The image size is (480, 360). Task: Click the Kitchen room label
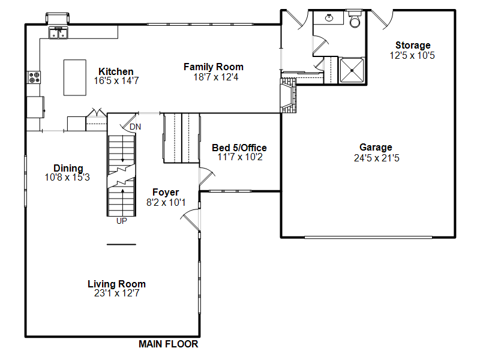(116, 71)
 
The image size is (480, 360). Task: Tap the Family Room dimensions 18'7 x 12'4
(216, 77)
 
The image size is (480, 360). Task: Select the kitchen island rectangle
(74, 78)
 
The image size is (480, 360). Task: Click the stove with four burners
(34, 77)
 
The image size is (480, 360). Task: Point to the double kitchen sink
(58, 33)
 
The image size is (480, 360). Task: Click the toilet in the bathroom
(355, 20)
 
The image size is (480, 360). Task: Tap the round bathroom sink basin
(329, 18)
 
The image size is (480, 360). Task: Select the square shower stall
(352, 70)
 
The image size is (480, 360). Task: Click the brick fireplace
(288, 95)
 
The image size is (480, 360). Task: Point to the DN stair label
(136, 127)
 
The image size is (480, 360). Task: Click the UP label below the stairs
(122, 221)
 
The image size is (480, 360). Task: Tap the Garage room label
(376, 147)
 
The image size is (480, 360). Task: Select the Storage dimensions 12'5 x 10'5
(412, 55)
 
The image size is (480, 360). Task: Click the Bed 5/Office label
(239, 148)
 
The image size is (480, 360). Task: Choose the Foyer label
(166, 192)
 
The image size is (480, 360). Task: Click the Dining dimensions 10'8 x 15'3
(67, 177)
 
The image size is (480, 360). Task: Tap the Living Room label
(116, 284)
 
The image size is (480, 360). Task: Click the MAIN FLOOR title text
(169, 344)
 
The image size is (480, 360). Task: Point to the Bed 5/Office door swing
(207, 176)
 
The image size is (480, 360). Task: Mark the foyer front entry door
(190, 219)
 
